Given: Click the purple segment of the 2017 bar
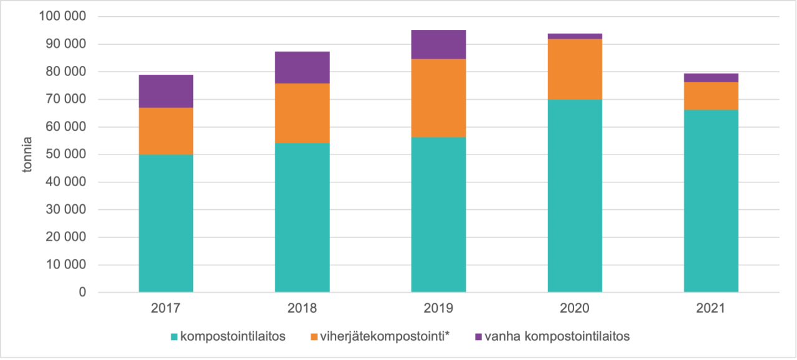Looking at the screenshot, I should tap(166, 91).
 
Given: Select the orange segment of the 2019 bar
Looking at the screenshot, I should tap(438, 98).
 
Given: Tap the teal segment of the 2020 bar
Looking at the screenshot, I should tap(575, 196).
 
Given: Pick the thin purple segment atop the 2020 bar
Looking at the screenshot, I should tap(575, 36).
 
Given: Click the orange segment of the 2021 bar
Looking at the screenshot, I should tap(711, 96).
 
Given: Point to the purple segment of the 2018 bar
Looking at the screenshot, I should tap(302, 67).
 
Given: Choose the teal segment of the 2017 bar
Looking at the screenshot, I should tap(166, 223).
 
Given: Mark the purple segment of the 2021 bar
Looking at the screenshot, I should tap(711, 78).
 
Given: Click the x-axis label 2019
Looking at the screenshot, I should tap(438, 308).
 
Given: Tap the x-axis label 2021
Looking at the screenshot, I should tap(711, 308).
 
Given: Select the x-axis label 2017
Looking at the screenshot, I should tap(166, 308).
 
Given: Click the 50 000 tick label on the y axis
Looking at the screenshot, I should tap(65, 154).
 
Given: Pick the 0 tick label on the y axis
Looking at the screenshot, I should tap(82, 292).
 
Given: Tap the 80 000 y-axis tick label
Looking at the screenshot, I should tap(65, 72).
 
